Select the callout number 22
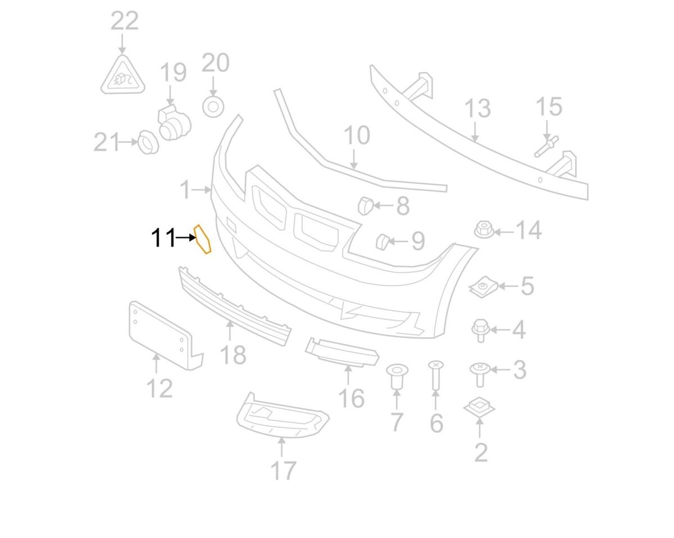point(124,22)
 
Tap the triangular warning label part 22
point(123,77)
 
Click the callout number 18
point(233,354)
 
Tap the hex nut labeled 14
point(482,229)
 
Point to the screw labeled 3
point(480,373)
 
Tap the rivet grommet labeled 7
point(397,377)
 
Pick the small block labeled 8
point(365,206)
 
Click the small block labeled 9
point(382,241)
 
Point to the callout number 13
point(477,109)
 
